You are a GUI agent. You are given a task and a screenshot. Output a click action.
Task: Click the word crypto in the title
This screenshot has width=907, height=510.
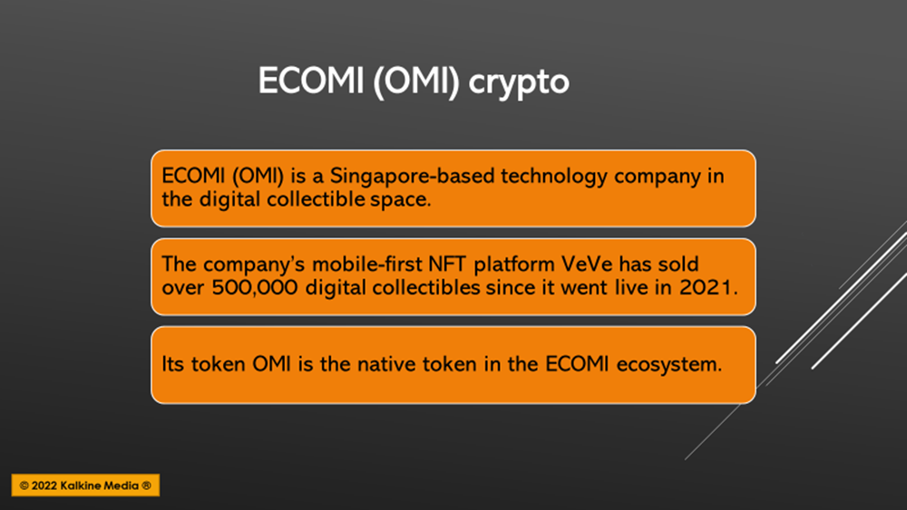tap(519, 82)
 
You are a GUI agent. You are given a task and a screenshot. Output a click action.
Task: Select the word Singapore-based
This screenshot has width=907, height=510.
tap(411, 176)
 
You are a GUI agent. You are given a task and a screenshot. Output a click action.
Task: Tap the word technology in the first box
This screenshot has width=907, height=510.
tap(553, 176)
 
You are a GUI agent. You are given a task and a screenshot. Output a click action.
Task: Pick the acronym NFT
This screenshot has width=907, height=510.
tap(447, 264)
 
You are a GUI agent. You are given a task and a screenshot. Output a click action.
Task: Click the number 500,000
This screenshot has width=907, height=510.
tap(255, 288)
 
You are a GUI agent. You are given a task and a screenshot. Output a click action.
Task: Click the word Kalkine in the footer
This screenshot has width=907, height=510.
tap(79, 486)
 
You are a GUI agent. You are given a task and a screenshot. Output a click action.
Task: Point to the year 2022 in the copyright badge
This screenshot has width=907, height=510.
tap(44, 486)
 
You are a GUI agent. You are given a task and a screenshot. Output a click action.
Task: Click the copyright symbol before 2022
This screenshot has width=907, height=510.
tap(24, 486)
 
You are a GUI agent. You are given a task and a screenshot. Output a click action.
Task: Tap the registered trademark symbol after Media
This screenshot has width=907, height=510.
tap(146, 486)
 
